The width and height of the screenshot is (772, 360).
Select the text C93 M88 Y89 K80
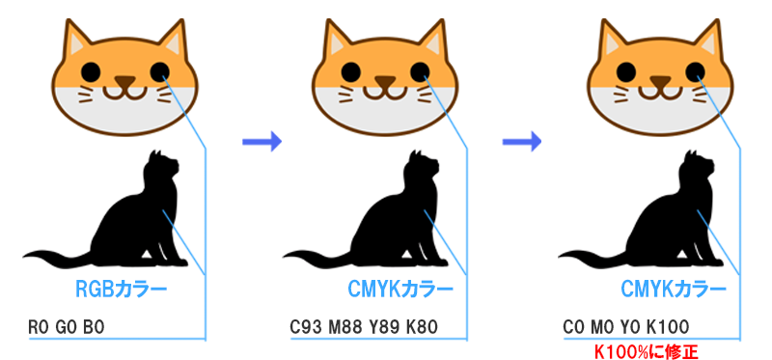pos(364,327)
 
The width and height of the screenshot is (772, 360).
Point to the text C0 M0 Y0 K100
pos(624,327)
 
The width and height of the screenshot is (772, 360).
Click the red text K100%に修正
pos(645,349)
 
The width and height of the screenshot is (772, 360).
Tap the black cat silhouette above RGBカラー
pos(135,217)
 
